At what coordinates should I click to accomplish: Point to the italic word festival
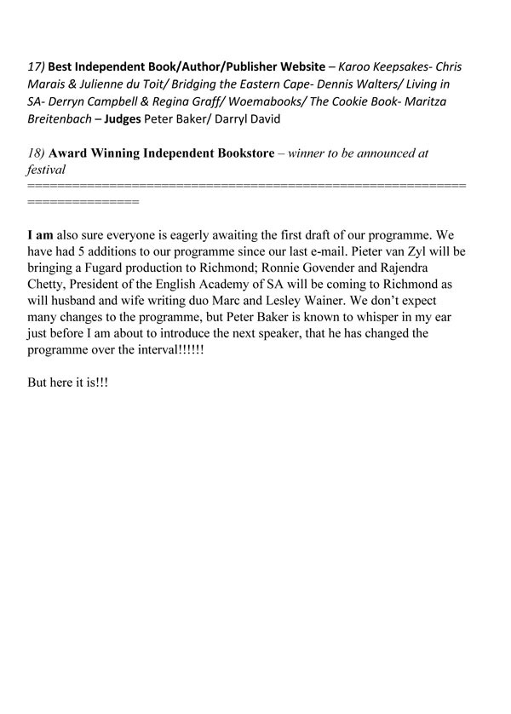click(47, 170)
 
